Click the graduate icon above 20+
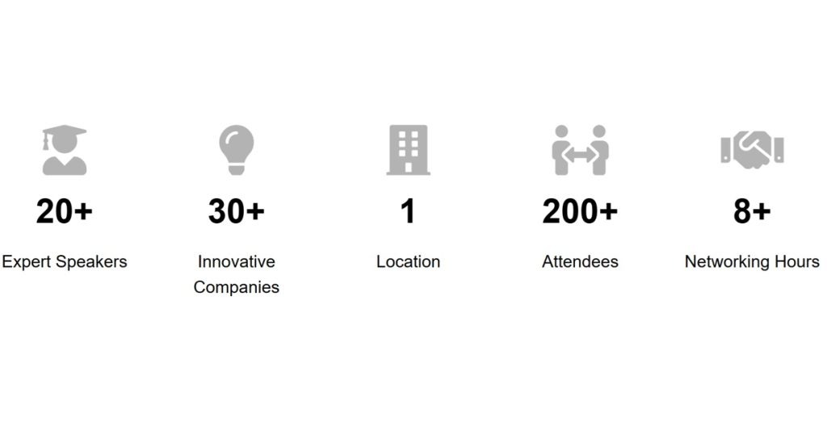[65, 150]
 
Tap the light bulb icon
[237, 150]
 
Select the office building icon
[408, 150]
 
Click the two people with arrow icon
[580, 150]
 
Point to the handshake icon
[752, 150]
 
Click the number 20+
[65, 212]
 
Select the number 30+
[237, 212]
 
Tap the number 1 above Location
[408, 212]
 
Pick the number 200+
[580, 212]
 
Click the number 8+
[752, 212]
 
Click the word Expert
[27, 262]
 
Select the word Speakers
[91, 262]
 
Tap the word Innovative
[237, 262]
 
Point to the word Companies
[237, 288]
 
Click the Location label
[408, 262]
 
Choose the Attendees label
[580, 262]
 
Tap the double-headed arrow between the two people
[580, 155]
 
